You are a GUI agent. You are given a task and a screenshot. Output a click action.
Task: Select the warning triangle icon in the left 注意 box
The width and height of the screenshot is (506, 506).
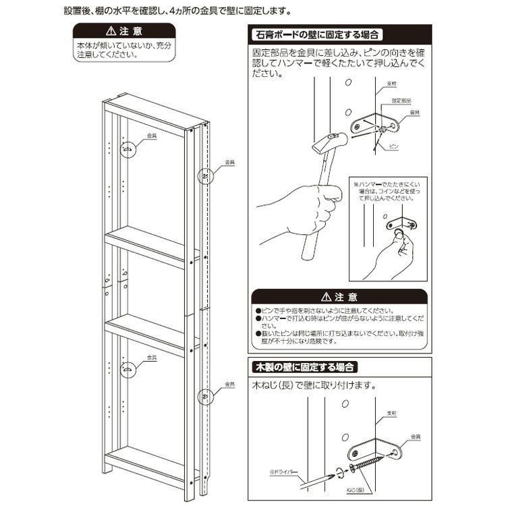tap(108, 32)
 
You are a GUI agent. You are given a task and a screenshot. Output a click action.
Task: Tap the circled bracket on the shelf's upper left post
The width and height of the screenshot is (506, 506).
tap(128, 149)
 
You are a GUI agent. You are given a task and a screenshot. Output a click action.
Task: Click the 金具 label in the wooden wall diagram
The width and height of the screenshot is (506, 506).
tap(416, 437)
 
